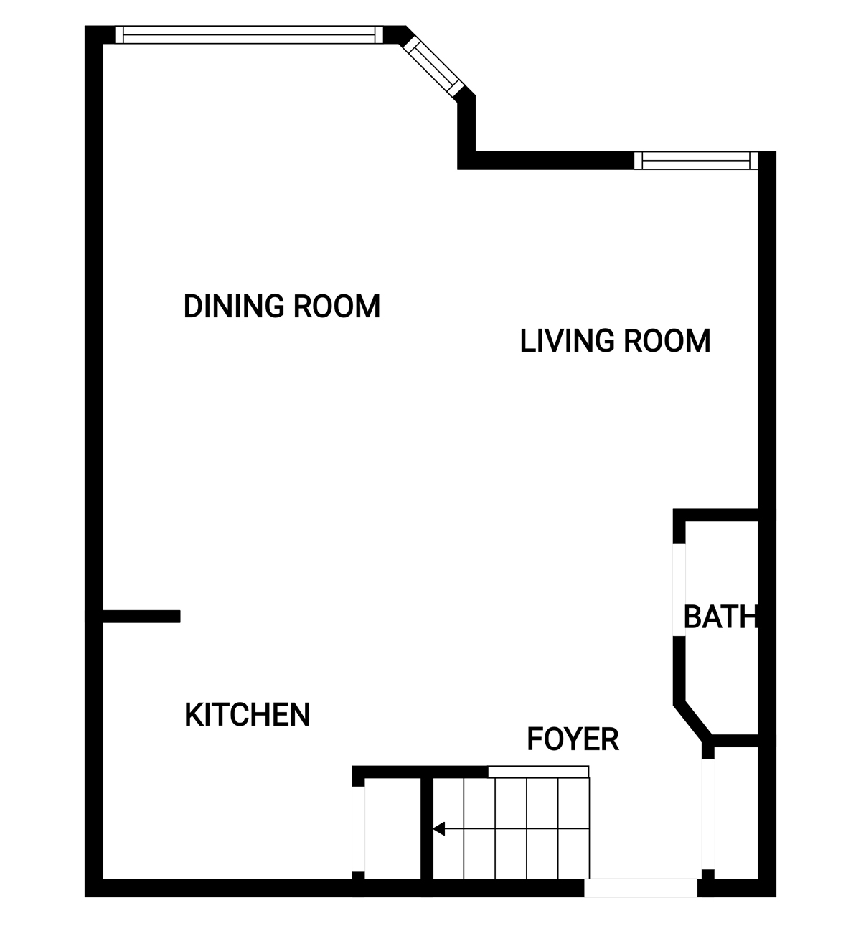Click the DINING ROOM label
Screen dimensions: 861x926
click(x=282, y=307)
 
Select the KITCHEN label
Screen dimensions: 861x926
click(x=247, y=715)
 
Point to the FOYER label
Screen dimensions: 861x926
click(x=573, y=739)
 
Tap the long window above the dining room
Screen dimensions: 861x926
click(x=249, y=35)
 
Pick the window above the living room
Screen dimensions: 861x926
click(x=696, y=161)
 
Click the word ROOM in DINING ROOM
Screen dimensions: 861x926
click(x=337, y=307)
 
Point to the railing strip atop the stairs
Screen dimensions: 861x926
click(x=538, y=772)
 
